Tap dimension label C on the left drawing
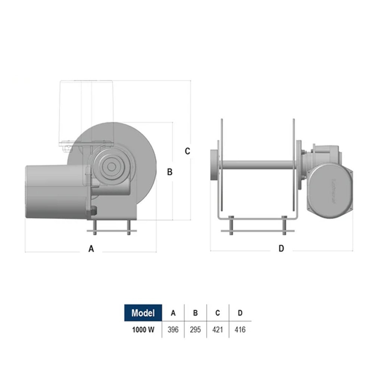click(x=188, y=151)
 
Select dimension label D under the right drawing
click(x=282, y=248)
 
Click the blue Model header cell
click(x=143, y=313)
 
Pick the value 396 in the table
click(x=173, y=330)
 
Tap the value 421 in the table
click(x=217, y=330)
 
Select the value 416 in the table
click(x=240, y=330)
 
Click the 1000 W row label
click(x=143, y=330)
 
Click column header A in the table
click(x=173, y=313)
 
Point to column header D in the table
click(x=240, y=313)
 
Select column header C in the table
click(x=217, y=313)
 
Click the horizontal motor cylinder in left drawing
click(x=54, y=192)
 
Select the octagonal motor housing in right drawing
click(x=330, y=190)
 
